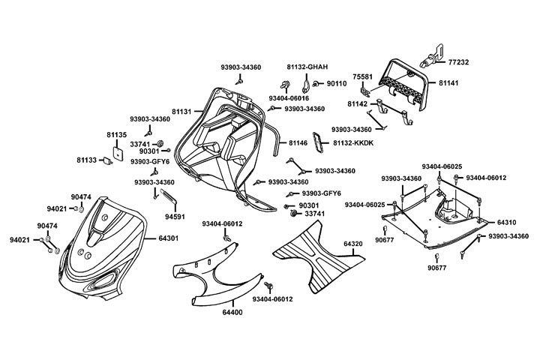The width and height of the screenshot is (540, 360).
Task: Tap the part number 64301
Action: (168, 238)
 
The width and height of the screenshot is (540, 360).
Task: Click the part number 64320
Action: (353, 244)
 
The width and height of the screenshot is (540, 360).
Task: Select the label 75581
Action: (363, 76)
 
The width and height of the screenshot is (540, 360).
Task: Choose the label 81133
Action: (88, 160)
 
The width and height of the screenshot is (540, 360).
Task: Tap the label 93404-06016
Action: (289, 98)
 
